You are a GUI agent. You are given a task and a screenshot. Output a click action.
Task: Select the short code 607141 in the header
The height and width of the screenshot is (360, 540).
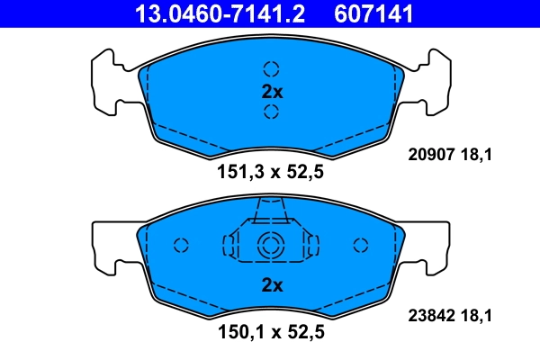pos(374,13)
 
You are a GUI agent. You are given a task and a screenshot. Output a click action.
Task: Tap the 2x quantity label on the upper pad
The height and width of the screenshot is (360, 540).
pos(271,91)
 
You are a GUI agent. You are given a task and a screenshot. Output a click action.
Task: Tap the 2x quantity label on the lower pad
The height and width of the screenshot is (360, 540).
pos(271,285)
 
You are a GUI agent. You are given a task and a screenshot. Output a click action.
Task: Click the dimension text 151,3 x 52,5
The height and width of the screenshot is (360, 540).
pos(271,173)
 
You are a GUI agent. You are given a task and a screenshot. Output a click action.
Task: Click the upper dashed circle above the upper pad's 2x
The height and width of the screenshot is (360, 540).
pos(271,68)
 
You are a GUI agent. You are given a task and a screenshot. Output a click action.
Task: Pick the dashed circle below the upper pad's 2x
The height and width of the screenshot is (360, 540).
pos(271,112)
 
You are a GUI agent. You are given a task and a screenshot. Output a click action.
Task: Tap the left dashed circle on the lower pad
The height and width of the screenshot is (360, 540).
pos(180,245)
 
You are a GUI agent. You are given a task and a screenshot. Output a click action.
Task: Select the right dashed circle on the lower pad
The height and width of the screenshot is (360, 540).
pos(362,245)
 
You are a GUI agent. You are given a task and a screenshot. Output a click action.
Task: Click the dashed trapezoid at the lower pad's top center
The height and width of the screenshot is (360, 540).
pos(271,211)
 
